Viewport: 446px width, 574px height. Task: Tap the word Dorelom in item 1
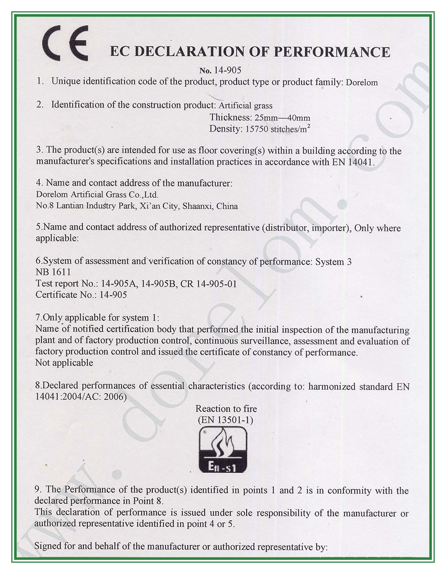tap(362, 83)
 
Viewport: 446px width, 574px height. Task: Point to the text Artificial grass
tap(245, 105)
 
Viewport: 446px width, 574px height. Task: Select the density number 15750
tap(256, 129)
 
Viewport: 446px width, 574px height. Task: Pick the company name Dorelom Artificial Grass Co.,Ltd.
tap(97, 194)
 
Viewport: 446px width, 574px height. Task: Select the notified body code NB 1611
tap(53, 272)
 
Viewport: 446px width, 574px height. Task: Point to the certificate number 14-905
tap(113, 295)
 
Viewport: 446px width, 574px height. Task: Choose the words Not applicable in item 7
tap(64, 363)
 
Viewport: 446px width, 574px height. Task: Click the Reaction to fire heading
tap(226, 408)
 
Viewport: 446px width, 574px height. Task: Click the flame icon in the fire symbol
tap(223, 444)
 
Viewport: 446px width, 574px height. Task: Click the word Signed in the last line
tap(48, 546)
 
